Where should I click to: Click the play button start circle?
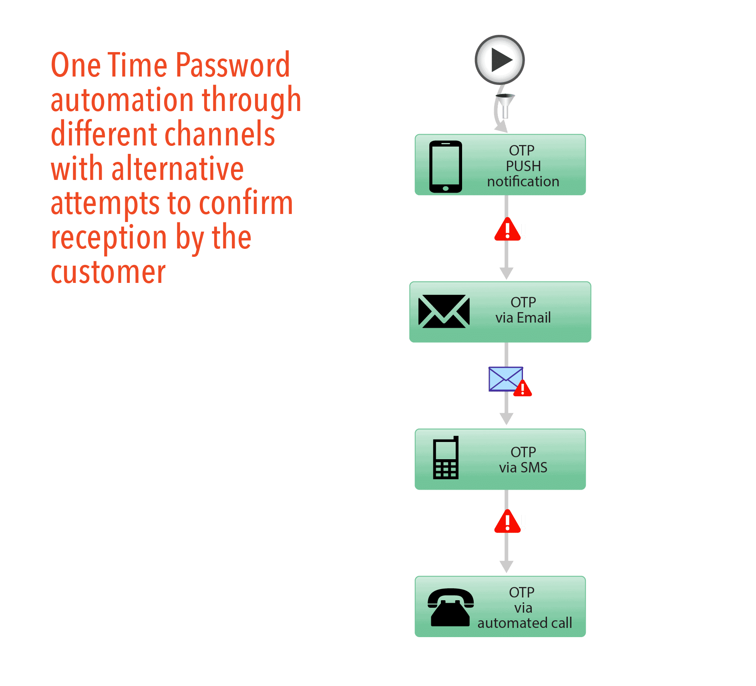click(x=499, y=60)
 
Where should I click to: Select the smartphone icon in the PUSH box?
click(x=445, y=166)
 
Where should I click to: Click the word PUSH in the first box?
click(x=523, y=166)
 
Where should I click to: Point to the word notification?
click(x=523, y=182)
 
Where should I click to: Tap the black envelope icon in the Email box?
click(x=444, y=311)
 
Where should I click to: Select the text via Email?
click(x=523, y=318)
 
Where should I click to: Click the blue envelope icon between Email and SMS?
click(x=505, y=379)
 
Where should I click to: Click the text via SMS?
click(x=523, y=468)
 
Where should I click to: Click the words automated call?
click(x=525, y=623)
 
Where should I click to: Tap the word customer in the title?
click(x=108, y=272)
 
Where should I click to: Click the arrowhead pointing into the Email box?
click(x=507, y=273)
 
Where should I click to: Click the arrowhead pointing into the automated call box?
click(x=507, y=567)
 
